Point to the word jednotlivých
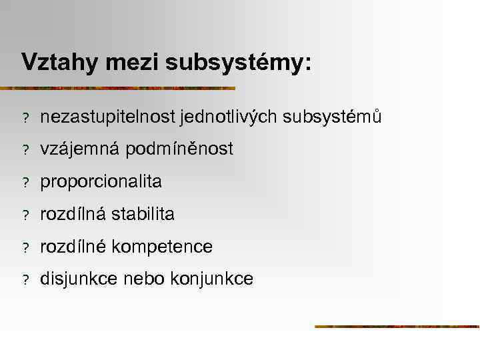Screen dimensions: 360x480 [229, 117]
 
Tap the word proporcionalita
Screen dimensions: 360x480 [101, 182]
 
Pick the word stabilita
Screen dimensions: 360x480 [143, 215]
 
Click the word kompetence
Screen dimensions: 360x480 [162, 247]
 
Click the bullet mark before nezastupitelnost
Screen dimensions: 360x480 [25, 118]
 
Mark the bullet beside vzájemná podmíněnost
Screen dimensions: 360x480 [25, 151]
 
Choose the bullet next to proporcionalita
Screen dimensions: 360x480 [25, 183]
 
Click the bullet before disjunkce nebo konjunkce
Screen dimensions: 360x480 [25, 280]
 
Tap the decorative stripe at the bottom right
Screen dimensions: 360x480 [397, 326]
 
